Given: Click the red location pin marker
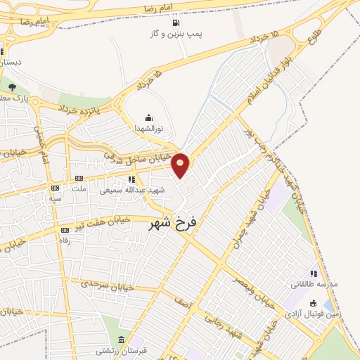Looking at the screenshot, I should [x=181, y=165].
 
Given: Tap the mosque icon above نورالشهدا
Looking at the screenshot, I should [x=148, y=117].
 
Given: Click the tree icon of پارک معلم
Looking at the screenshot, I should [x=12, y=87].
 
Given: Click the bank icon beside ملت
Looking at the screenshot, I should [x=79, y=178].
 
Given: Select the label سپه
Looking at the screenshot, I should [x=55, y=199].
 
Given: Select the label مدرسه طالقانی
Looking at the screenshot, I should [x=314, y=284].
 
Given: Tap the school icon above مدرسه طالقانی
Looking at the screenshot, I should [x=314, y=273].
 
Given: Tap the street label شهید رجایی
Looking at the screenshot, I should [x=224, y=327].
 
